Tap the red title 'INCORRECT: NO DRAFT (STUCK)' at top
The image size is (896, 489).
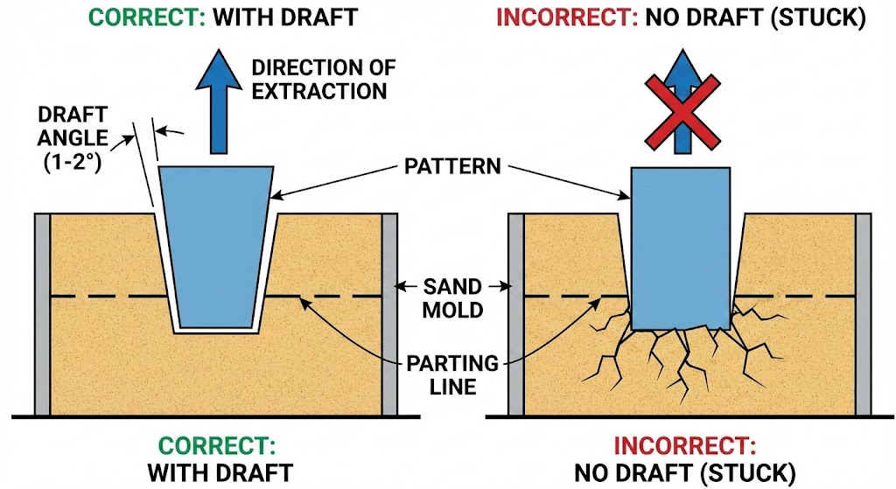coord(681,17)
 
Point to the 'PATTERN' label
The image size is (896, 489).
coord(451,165)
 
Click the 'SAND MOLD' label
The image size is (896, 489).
coord(451,297)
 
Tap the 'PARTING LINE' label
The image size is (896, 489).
coord(451,374)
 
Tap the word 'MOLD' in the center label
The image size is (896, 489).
coord(451,309)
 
